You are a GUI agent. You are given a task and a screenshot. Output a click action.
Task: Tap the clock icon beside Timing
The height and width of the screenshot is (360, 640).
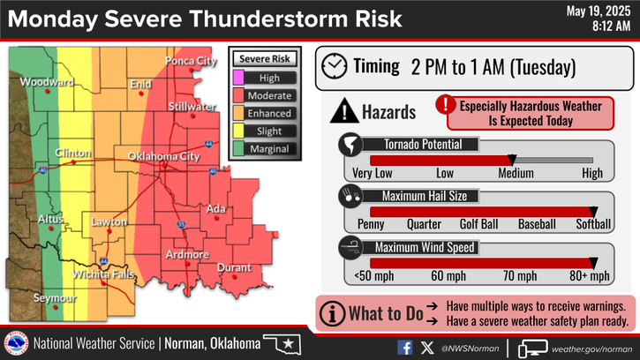pyautogui.click(x=335, y=66)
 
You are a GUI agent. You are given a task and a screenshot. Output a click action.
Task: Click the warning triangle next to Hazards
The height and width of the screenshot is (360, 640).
pyautogui.click(x=343, y=112)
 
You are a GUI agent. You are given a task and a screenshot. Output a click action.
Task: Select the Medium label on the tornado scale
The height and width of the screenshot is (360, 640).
pyautogui.click(x=516, y=173)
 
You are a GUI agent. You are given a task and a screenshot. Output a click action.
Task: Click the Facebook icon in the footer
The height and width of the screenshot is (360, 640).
pyautogui.click(x=405, y=347)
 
